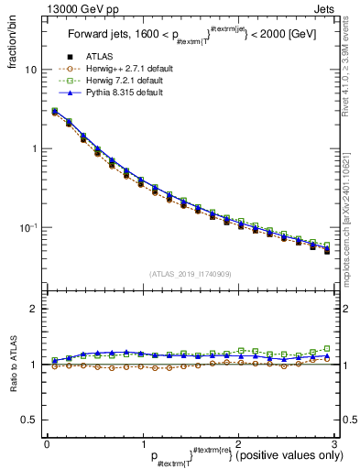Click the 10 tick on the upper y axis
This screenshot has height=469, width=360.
(x=30, y=70)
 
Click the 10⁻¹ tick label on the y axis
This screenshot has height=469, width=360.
(x=27, y=227)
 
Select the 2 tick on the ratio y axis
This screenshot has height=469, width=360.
(x=33, y=310)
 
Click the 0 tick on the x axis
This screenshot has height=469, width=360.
(x=46, y=442)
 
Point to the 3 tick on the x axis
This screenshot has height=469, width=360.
(x=333, y=442)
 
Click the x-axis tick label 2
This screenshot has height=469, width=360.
(x=237, y=442)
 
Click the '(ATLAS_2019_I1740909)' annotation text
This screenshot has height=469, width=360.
(x=191, y=274)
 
